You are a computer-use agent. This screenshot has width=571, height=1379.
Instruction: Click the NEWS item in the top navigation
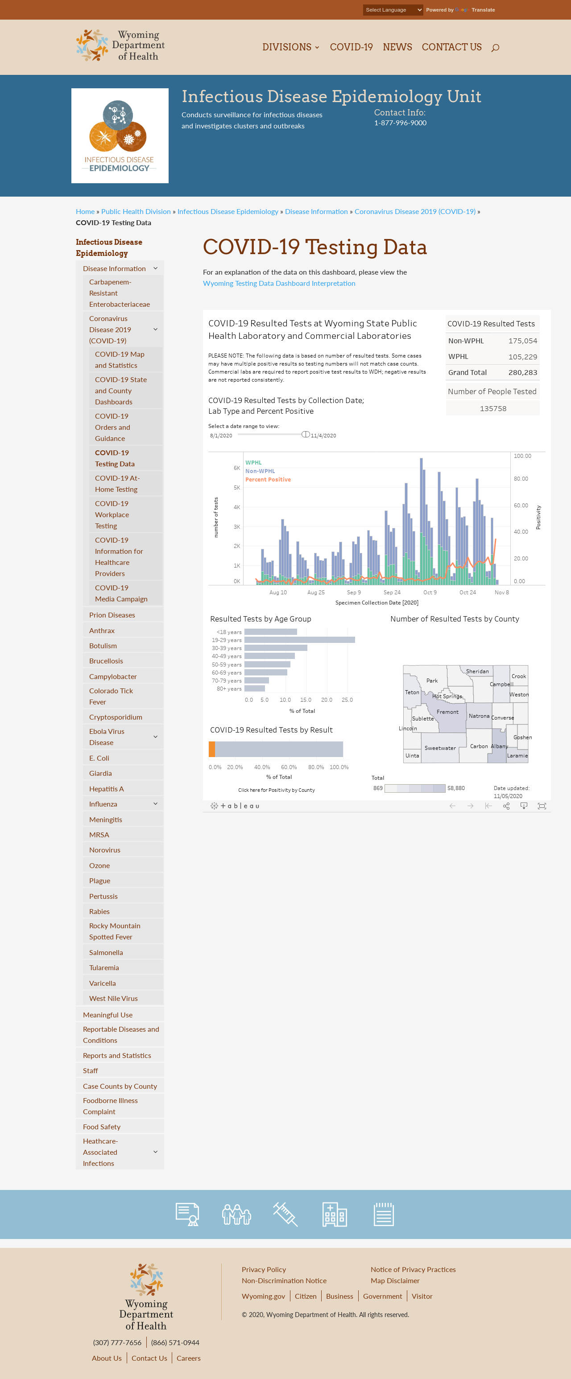[397, 47]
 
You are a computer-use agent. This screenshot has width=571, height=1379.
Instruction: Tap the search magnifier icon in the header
[495, 48]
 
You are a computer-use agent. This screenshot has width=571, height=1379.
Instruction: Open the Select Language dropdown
[393, 10]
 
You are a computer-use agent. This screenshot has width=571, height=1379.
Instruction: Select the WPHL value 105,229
[522, 357]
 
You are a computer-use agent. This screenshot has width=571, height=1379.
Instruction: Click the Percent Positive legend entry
[268, 480]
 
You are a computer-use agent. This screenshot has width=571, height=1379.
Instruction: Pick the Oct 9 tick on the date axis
[430, 593]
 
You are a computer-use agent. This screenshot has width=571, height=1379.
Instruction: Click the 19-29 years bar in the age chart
[299, 640]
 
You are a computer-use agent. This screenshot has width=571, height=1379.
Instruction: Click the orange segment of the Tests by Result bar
[212, 749]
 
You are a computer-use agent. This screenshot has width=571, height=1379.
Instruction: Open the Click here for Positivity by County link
[277, 790]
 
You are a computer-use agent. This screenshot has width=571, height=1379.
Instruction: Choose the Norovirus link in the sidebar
[104, 850]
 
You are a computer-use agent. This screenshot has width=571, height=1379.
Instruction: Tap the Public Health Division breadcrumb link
[136, 211]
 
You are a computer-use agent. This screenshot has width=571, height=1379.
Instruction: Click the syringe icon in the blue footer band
[285, 1214]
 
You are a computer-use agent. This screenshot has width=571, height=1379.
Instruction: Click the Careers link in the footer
[189, 1358]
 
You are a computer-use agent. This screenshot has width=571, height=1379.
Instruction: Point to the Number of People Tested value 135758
[493, 408]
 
